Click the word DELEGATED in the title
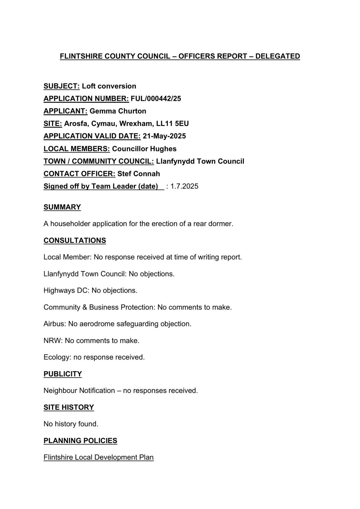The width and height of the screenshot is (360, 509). pos(278,56)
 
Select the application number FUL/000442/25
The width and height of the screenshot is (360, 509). pos(156,99)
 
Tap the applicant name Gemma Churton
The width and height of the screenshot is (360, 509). pos(118,111)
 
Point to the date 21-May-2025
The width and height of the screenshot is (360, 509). pos(164,136)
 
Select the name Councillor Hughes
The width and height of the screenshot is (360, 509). pos(144,149)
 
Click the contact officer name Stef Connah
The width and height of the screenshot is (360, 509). pos(138,174)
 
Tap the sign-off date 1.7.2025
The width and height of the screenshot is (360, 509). pos(184,186)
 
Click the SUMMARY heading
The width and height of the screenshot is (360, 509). pos(62,207)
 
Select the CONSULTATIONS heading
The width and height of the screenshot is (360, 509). pos(74,241)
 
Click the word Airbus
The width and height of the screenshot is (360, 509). pos(54,324)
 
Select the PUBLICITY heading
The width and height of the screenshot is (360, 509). pos(62,374)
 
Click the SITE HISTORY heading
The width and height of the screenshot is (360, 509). pos(68,408)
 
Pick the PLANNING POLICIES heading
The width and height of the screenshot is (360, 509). pos(80,441)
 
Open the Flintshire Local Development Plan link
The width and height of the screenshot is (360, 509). pos(98,457)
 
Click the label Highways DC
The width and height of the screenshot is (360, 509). pos(67,290)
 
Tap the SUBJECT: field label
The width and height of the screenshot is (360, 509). pos(61,86)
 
